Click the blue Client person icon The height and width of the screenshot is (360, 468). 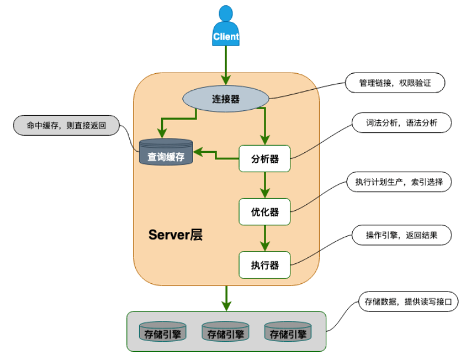coord(226,27)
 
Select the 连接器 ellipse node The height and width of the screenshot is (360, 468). coord(226,99)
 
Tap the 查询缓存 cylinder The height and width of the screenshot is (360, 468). coord(166,152)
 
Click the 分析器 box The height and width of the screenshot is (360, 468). coord(264,158)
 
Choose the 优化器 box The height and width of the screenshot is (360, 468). coord(264,211)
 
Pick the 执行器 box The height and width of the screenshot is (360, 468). coord(264,264)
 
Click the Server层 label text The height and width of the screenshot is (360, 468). coord(175,235)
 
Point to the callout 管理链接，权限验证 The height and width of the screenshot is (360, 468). coord(395,83)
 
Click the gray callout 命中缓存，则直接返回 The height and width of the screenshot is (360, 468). coord(66,125)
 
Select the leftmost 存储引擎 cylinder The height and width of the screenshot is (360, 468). coord(162,333)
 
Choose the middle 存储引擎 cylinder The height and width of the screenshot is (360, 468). coord(225,333)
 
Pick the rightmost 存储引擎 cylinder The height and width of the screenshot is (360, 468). coord(288,333)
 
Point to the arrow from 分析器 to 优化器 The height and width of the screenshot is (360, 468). coord(264,185)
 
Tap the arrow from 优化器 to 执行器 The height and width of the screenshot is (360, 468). coord(264,238)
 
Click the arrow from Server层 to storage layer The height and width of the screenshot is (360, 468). coord(226,298)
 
